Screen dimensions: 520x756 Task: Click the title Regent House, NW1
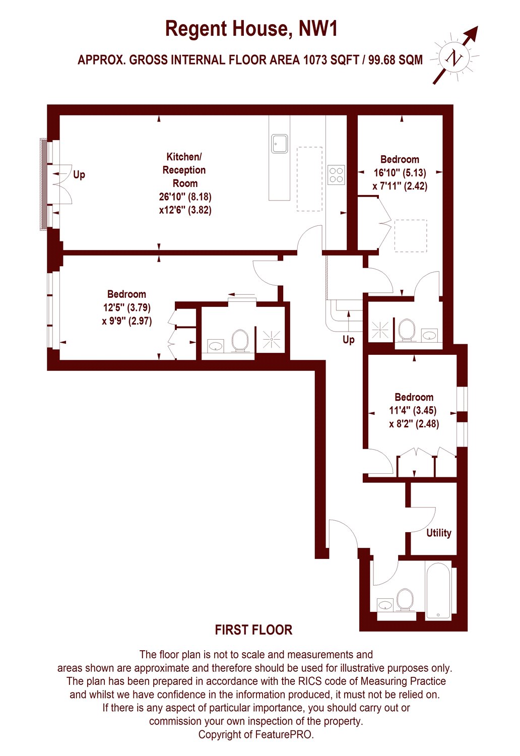point(251,29)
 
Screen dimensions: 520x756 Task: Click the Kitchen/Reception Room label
point(184,170)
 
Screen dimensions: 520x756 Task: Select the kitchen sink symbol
point(280,144)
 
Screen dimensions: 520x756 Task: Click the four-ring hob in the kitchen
point(337,174)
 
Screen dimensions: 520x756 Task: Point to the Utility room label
point(438,533)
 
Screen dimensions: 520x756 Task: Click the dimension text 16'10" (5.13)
point(400,173)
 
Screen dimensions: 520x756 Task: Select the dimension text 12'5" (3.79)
point(126,307)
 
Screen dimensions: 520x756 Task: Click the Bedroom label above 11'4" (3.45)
point(414,397)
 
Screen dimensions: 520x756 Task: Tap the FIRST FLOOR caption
point(253,630)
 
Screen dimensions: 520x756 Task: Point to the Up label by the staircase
point(348,340)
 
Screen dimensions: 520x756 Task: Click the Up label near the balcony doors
point(79,175)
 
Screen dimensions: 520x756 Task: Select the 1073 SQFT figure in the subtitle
point(331,60)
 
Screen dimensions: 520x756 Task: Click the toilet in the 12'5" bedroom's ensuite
point(240,341)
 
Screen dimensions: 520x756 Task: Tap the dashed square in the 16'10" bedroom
point(411,235)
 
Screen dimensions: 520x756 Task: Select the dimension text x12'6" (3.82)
point(185,210)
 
